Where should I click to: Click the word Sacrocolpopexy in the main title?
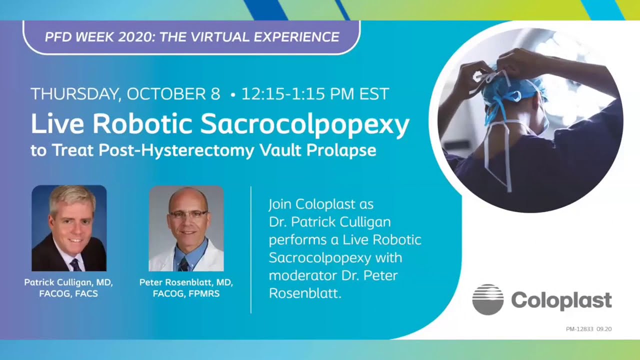point(304,125)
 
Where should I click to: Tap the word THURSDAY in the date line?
point(74,93)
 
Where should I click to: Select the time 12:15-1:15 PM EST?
point(315,93)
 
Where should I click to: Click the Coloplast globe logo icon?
point(487,299)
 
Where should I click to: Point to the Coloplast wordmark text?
point(561,300)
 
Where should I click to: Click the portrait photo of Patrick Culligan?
point(69,228)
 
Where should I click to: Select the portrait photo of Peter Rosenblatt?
point(186,228)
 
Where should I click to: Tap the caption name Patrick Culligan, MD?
point(68,282)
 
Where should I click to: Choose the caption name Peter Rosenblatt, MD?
point(186,282)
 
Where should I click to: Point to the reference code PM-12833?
point(579,329)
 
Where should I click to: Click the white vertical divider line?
point(250,250)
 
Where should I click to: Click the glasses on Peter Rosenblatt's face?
point(187,213)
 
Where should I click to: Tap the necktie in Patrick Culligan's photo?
point(75,263)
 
